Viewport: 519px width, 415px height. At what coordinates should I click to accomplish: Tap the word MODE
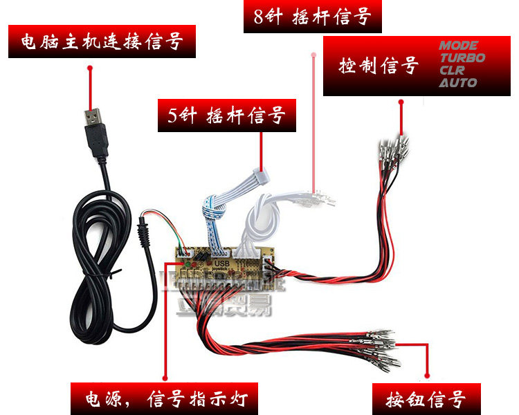[458, 46]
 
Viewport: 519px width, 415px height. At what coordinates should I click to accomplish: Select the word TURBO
[462, 58]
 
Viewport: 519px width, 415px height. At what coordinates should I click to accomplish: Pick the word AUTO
[457, 83]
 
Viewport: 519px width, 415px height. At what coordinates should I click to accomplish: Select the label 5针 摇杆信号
[227, 116]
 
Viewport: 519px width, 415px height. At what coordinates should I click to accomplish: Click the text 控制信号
[379, 66]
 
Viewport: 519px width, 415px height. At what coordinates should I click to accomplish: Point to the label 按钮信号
[426, 399]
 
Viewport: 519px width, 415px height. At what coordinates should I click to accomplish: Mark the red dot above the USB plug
[89, 67]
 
